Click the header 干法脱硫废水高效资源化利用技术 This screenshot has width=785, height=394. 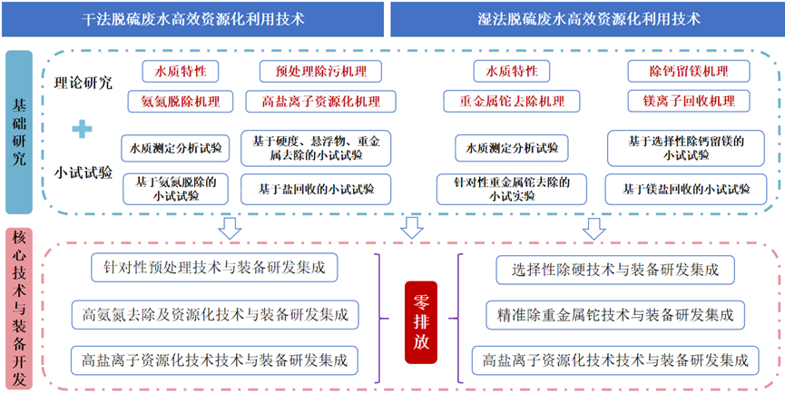tap(192, 19)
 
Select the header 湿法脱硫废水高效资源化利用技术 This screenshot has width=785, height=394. tap(587, 19)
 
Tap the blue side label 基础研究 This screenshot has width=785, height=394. tap(19, 133)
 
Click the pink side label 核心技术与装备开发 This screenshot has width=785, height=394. tap(19, 309)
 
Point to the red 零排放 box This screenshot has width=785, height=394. tap(420, 321)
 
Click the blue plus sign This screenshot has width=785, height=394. tap(82, 130)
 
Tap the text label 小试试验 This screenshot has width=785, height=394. tap(83, 172)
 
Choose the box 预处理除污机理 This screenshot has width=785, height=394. tap(320, 71)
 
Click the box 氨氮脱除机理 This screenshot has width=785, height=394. tap(181, 101)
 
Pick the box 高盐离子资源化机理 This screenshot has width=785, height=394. tap(320, 101)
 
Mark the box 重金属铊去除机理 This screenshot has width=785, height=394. tap(512, 101)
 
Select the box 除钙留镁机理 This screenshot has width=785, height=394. tap(689, 71)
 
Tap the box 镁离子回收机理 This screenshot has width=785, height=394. tap(689, 101)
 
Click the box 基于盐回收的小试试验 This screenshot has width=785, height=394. tap(316, 189)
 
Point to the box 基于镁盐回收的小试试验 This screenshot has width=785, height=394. tap(686, 189)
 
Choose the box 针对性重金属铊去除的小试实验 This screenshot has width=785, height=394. tap(511, 189)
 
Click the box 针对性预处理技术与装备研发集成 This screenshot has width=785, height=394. tap(214, 268)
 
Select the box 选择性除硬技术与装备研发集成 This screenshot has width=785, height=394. tap(616, 270)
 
